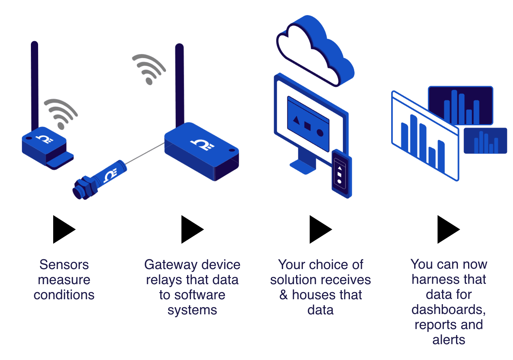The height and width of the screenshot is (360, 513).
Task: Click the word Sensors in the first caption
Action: click(x=64, y=265)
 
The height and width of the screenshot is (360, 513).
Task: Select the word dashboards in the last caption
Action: click(x=448, y=309)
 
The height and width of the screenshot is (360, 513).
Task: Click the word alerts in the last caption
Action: click(x=448, y=340)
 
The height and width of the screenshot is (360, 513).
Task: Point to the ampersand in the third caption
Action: click(x=284, y=295)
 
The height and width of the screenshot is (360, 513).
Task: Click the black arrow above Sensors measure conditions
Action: click(x=63, y=229)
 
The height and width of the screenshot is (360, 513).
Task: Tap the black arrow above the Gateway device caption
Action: click(x=191, y=229)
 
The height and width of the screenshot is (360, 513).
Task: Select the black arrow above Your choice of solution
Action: click(x=319, y=229)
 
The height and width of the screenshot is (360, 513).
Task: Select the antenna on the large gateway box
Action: click(x=180, y=85)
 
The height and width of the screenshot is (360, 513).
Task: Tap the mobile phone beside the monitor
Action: click(x=341, y=174)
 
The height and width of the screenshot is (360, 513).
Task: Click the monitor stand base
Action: click(x=303, y=166)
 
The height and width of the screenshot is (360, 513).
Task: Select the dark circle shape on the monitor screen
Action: click(x=320, y=132)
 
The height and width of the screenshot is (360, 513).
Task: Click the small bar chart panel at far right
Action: click(x=485, y=141)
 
